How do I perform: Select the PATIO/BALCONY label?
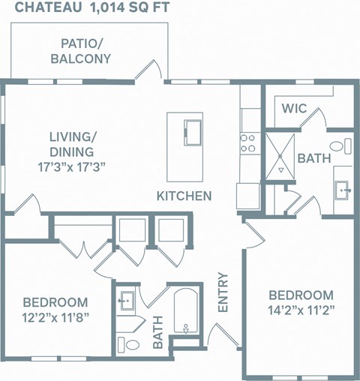[81, 51]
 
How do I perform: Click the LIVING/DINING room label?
[73, 144]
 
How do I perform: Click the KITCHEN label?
[184, 196]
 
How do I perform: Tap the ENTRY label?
[222, 292]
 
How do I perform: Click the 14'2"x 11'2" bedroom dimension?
[301, 309]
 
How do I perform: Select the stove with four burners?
[248, 142]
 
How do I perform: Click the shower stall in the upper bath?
[278, 154]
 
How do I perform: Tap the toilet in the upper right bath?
[340, 145]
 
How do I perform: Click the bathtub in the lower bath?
[185, 310]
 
